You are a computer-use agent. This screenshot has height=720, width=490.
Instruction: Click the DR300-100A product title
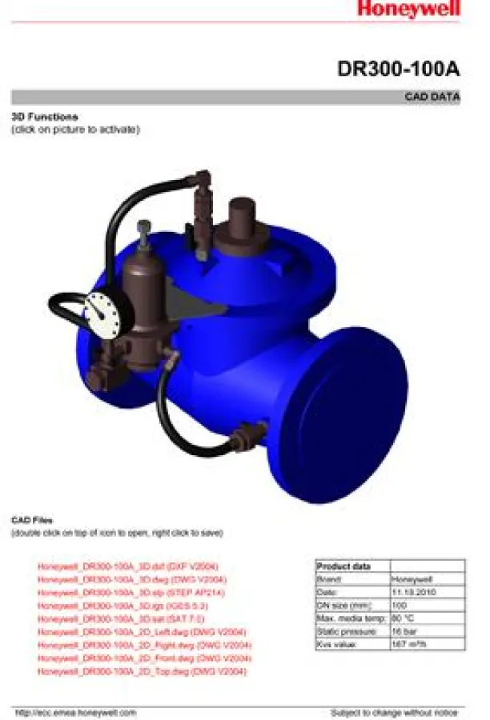[x=398, y=70]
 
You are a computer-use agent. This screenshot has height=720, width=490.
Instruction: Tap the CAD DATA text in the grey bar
[x=433, y=98]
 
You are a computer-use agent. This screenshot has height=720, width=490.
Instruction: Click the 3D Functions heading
[x=44, y=117]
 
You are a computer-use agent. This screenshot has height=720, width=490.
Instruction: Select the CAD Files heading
[x=32, y=520]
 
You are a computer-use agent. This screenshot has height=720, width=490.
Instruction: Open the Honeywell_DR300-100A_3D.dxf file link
[x=127, y=566]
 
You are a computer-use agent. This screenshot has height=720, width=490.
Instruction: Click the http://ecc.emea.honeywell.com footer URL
[x=76, y=712]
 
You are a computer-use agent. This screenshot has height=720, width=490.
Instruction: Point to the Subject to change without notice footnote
[x=394, y=712]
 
